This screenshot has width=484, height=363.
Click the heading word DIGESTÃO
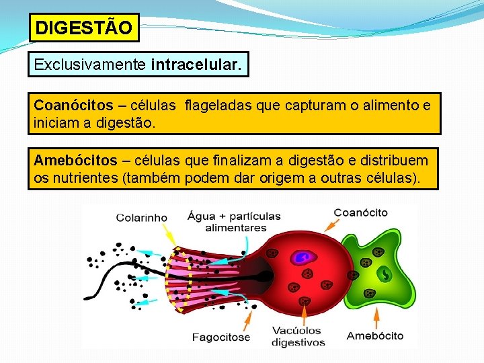[x=84, y=28]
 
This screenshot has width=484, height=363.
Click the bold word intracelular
[x=199, y=65]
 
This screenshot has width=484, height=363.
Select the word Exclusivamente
[x=91, y=65]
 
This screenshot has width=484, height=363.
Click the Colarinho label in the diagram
[x=142, y=217]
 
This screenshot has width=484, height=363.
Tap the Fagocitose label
[x=220, y=337]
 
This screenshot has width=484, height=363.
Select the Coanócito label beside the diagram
[x=361, y=212]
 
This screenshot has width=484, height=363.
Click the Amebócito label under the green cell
[x=375, y=335]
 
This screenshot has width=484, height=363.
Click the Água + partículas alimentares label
[x=234, y=222]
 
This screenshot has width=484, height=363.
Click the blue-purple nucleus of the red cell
[x=302, y=257]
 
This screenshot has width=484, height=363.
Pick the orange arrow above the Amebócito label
[x=376, y=315]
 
